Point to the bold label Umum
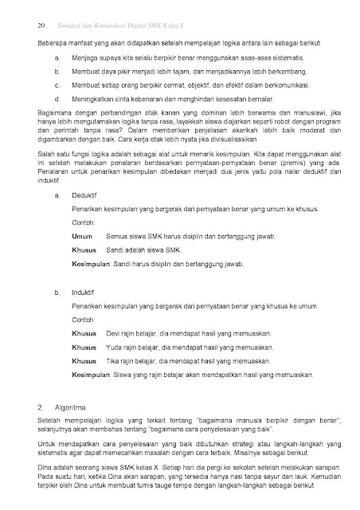[82, 236]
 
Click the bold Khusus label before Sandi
[84, 249]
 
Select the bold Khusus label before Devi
[84, 333]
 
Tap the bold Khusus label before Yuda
[84, 347]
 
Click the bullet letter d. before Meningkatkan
[57, 99]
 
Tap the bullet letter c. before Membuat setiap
[57, 85]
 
